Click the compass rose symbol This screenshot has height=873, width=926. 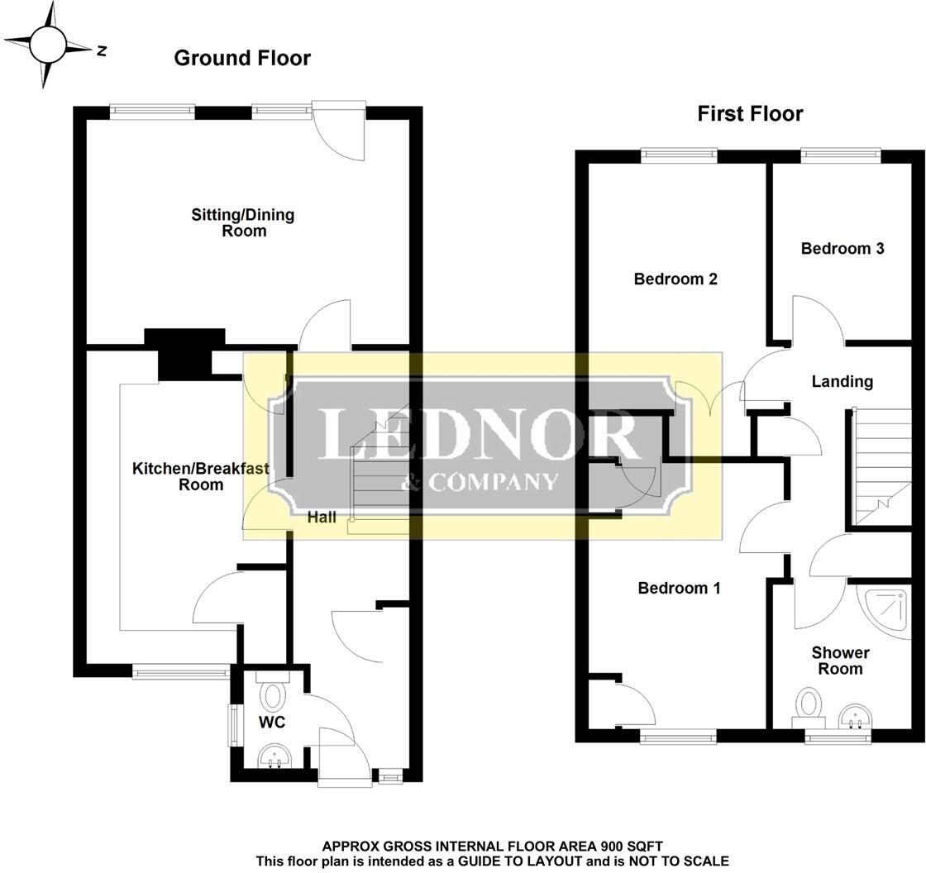point(48,45)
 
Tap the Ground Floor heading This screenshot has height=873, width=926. point(242,58)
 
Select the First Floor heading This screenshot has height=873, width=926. point(750,113)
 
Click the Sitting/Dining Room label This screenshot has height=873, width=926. point(243,222)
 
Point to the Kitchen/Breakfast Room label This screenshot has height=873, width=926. point(201,477)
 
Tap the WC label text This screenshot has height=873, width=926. point(272,722)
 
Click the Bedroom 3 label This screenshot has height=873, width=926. point(842,249)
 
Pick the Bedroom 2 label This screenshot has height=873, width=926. point(675,279)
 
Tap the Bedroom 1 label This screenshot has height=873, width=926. point(679,588)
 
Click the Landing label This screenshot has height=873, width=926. point(842,382)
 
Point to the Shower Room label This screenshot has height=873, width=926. point(840,661)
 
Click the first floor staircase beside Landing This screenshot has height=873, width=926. point(881,466)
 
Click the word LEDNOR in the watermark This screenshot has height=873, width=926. point(479,434)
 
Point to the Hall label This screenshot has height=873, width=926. point(322,518)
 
